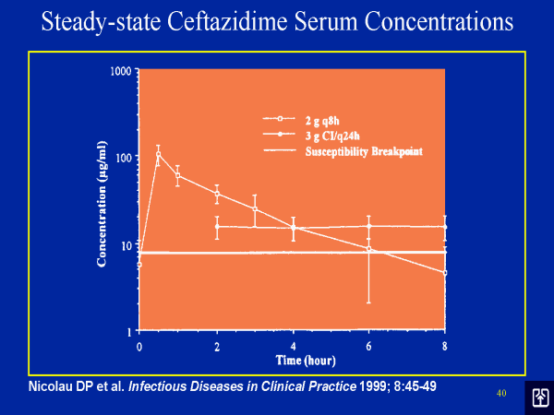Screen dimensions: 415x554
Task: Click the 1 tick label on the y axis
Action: coord(131,330)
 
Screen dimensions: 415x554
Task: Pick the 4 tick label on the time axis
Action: coord(293,347)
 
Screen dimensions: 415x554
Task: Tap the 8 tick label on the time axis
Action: coord(444,347)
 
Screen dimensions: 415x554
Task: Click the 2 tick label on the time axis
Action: coord(216,347)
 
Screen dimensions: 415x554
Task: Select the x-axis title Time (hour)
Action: coord(292,358)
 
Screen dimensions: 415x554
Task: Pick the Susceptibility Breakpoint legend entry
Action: coord(363,150)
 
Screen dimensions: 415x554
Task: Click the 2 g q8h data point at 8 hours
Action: coord(444,273)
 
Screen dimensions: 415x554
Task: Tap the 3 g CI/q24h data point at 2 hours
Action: coord(217,226)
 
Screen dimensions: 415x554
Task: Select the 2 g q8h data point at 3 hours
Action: coord(255,209)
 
